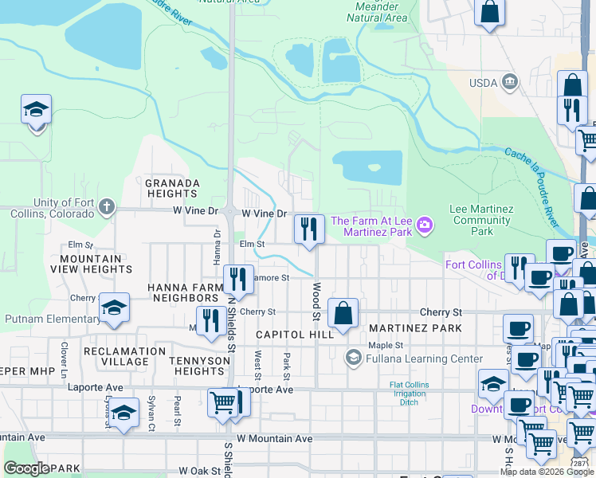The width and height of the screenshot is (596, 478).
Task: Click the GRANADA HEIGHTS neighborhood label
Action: [x=172, y=188]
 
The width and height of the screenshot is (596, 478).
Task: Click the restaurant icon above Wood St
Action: [x=308, y=229]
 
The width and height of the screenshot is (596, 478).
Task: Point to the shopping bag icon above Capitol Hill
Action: [x=343, y=313]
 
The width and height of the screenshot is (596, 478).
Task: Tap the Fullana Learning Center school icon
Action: [x=352, y=358]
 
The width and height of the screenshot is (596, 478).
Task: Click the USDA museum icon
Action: [x=509, y=81]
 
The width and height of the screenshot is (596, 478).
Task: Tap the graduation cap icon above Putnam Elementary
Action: [x=115, y=308]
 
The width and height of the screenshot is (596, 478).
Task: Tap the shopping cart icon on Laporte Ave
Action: [x=222, y=402]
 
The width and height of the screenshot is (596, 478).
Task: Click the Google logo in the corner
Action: [x=26, y=468]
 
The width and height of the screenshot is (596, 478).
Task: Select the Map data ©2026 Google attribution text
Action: [x=547, y=472]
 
